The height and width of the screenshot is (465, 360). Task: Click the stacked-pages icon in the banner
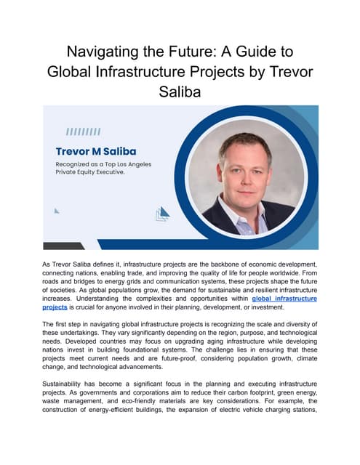coord(163,213)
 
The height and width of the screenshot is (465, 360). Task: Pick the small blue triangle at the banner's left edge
coord(57,211)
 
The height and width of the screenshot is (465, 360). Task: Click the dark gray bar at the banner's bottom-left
coord(63,246)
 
